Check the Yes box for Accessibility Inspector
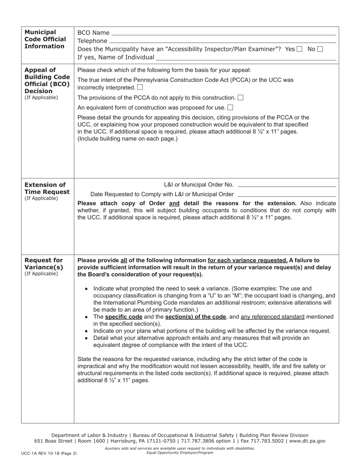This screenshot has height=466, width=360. [299, 49]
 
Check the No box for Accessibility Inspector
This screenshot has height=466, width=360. [320, 49]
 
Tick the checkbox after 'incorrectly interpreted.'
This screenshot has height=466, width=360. [140, 88]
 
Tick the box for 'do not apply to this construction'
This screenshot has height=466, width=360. [240, 98]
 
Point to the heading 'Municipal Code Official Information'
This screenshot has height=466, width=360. [45, 39]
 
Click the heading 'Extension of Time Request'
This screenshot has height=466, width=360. [47, 188]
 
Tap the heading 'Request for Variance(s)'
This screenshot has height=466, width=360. [44, 263]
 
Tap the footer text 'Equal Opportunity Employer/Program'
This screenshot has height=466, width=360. [180, 453]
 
